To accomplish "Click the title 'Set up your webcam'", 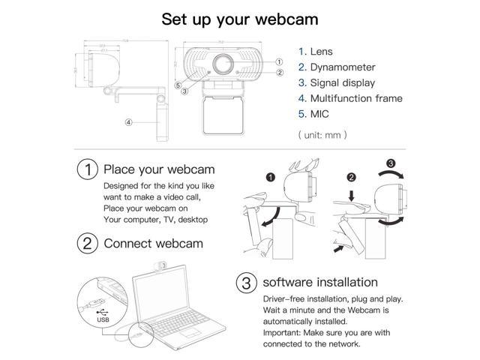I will pyautogui.click(x=239, y=19).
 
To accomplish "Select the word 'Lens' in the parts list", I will pyautogui.click(x=322, y=52).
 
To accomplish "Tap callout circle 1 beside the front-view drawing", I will pyautogui.click(x=279, y=62).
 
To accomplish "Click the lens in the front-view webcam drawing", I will pyautogui.click(x=224, y=63).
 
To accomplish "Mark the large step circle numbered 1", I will pyautogui.click(x=88, y=169).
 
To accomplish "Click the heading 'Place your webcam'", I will pyautogui.click(x=159, y=169).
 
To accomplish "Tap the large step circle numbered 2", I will pyautogui.click(x=88, y=243).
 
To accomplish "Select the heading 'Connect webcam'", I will pyautogui.click(x=153, y=243).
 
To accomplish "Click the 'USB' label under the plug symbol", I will pyautogui.click(x=102, y=318).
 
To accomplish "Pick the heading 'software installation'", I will pyautogui.click(x=319, y=283).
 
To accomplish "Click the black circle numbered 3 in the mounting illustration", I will pyautogui.click(x=390, y=164).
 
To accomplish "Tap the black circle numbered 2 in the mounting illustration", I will pyautogui.click(x=352, y=178).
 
